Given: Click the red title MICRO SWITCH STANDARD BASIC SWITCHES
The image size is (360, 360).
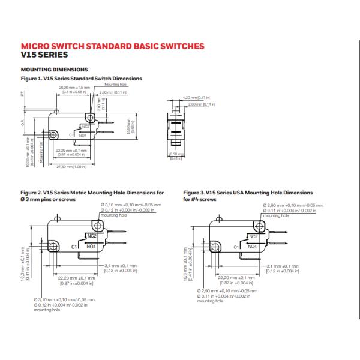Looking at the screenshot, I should click(113, 46).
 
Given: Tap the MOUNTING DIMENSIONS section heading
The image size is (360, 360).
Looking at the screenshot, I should click(55, 70).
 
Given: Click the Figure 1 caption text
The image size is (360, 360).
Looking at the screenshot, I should click(81, 79).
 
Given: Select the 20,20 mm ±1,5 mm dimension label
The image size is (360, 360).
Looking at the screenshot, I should click(74, 88).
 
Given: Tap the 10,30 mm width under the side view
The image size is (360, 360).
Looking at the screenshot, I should click(176, 155).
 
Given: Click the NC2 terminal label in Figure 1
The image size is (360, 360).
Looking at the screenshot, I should click(85, 126).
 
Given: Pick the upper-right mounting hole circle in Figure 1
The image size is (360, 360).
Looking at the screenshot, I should click(91, 117).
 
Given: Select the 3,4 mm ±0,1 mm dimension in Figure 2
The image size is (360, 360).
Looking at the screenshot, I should click(121, 265).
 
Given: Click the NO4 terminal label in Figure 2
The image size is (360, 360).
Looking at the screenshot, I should click(92, 246).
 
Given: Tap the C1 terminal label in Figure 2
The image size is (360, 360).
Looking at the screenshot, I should click(74, 247).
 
